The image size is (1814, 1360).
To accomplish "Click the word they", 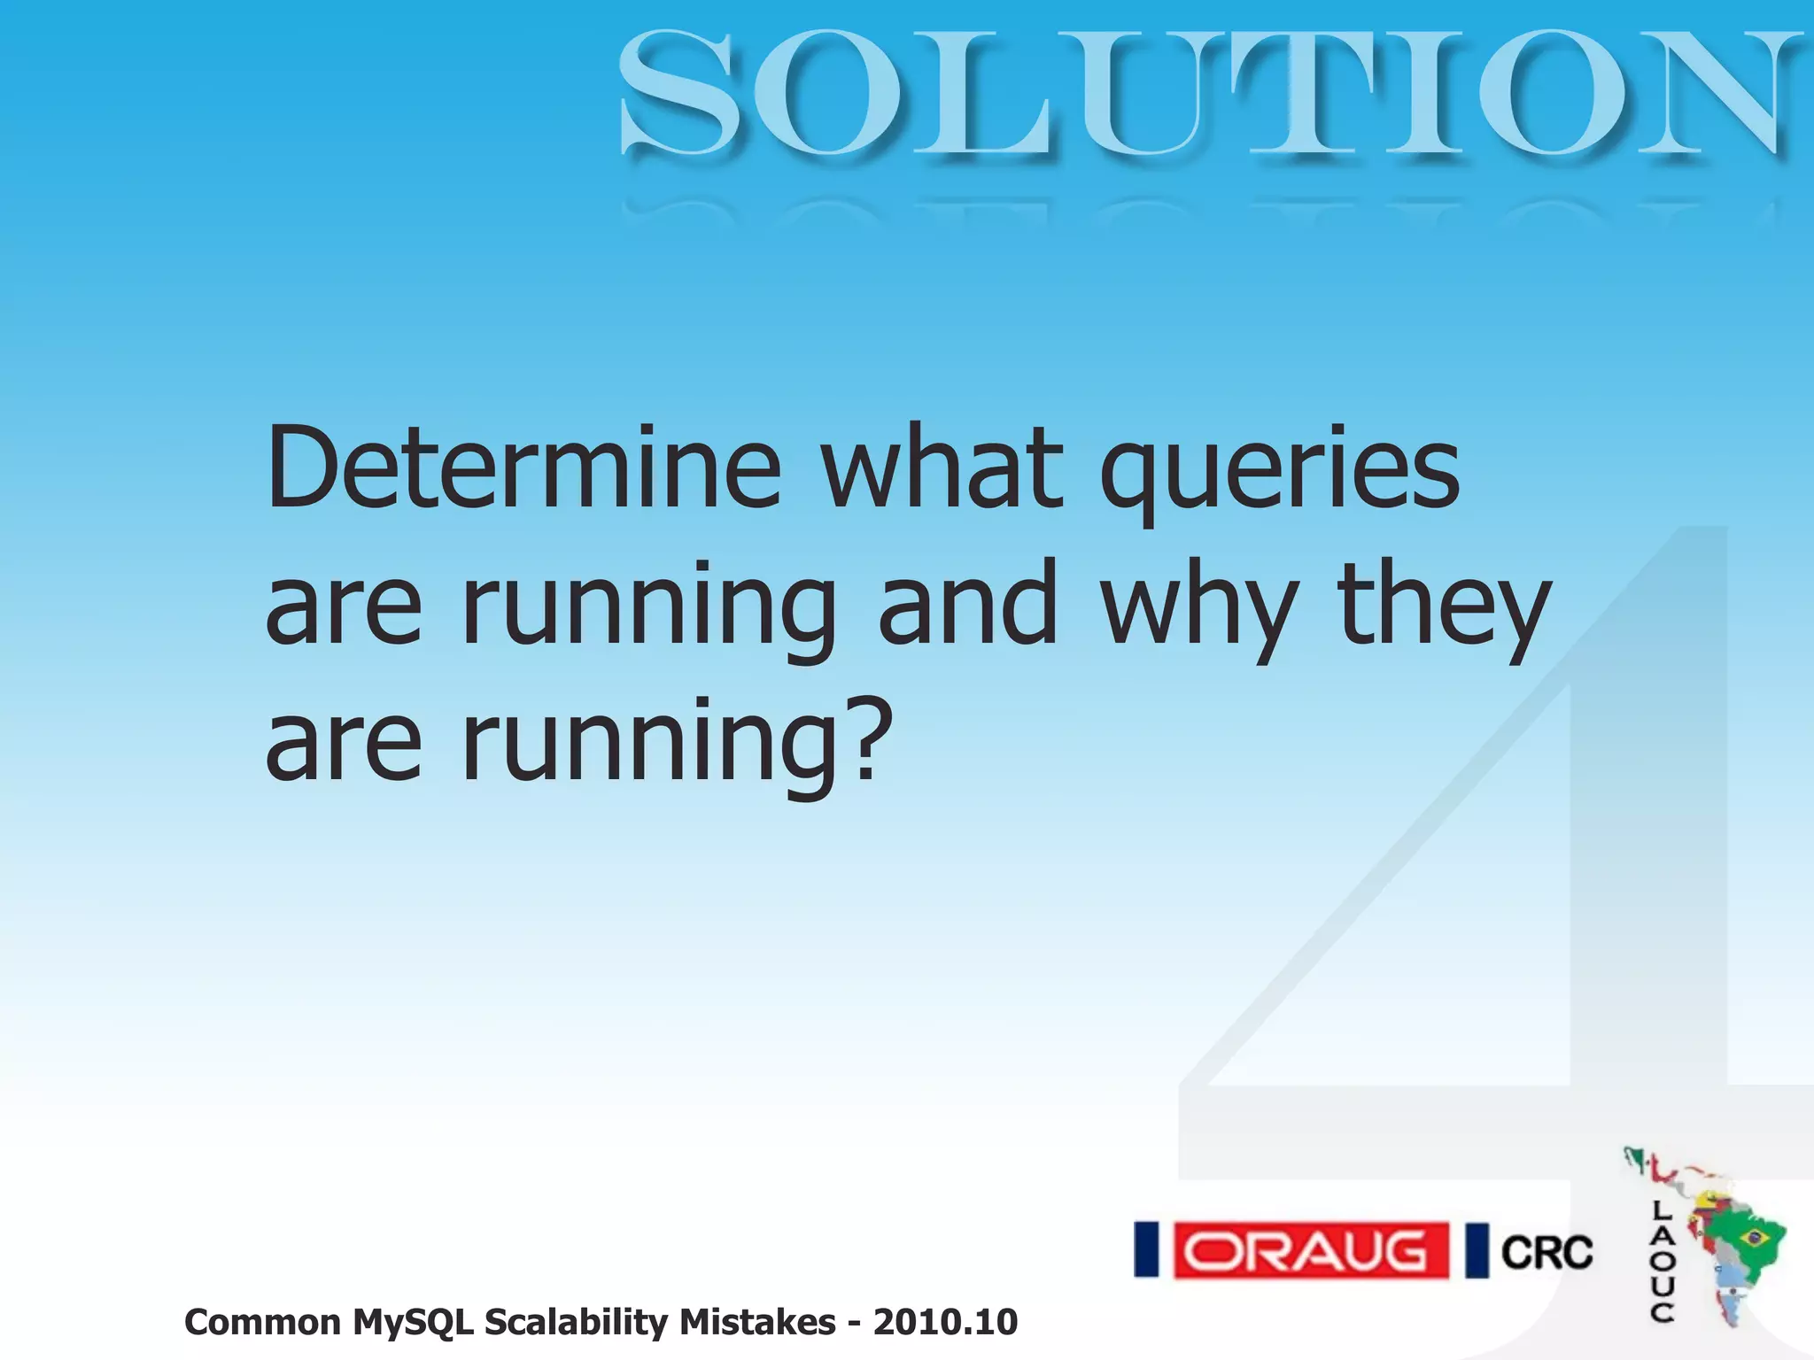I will pos(1445,607).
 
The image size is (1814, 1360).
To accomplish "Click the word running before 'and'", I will pos(648,611).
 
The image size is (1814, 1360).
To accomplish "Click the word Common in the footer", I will pos(262,1322).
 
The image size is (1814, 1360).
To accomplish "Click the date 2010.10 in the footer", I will pos(945,1322).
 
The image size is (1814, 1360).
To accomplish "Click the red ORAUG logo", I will pos(1311,1251).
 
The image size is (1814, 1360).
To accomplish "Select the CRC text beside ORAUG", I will pos(1547,1253).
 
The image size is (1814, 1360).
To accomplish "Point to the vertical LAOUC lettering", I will pos(1662,1262).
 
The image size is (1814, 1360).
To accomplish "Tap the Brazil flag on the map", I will pos(1753,1236).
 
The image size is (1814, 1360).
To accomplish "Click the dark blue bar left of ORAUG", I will pos(1147,1250).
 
